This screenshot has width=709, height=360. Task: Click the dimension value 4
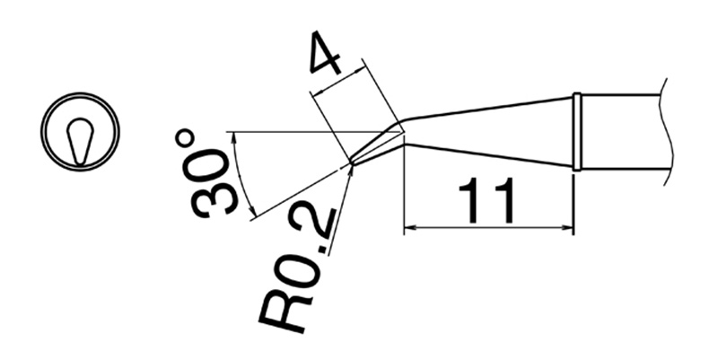(x=324, y=56)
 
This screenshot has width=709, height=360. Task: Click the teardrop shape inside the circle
(x=80, y=139)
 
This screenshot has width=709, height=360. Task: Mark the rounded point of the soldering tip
(x=352, y=163)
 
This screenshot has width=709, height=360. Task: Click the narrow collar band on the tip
(x=578, y=131)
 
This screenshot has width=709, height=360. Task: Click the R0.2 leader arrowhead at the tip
(x=349, y=171)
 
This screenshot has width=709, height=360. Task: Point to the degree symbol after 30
(x=185, y=139)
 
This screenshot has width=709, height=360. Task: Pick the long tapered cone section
(x=489, y=131)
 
